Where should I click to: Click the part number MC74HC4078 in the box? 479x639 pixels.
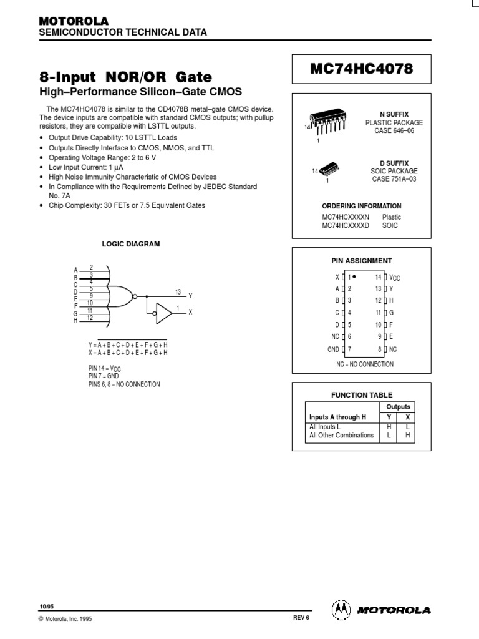pos(361,70)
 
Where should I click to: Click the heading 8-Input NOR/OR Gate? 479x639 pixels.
pos(125,78)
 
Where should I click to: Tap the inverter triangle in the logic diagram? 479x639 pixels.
pos(163,313)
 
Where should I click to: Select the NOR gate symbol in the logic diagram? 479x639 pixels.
pos(122,294)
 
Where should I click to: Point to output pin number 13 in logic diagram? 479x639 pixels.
pos(178,291)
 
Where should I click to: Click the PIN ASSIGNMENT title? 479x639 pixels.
pos(361,260)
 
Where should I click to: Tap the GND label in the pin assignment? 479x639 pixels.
pos(332,349)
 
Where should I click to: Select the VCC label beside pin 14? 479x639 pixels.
pos(395,277)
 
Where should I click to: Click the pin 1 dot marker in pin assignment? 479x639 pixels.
pos(354,276)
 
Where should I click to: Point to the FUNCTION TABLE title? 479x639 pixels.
pos(361,395)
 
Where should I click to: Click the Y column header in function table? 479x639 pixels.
pos(389,417)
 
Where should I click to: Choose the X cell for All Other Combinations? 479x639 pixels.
pos(407,436)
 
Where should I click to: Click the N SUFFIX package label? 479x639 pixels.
pos(395,115)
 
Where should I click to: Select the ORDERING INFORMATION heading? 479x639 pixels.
pos(361,206)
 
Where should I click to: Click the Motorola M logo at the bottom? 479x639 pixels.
pos(341,608)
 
